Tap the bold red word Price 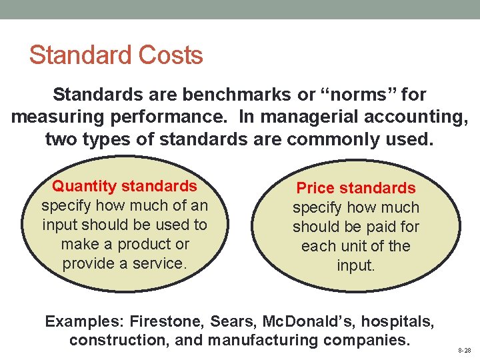(x=316, y=188)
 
